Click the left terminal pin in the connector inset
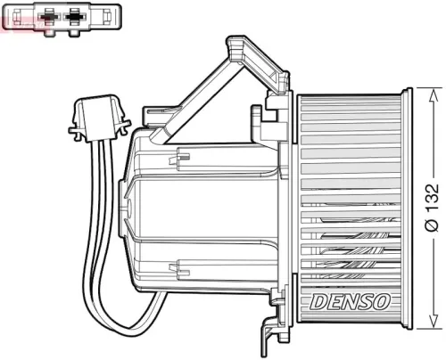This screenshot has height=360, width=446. point(47,15)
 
